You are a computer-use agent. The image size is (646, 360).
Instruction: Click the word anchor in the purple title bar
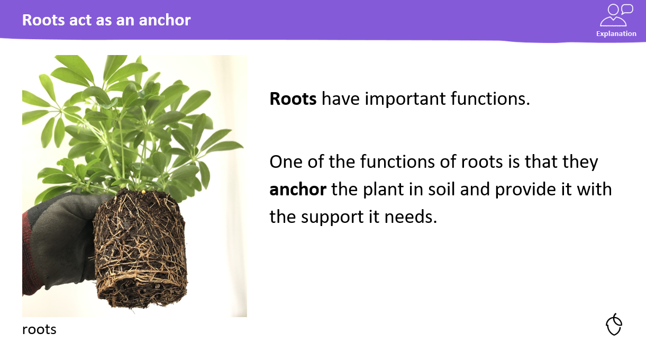pos(165,20)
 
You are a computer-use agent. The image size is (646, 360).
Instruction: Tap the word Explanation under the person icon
pos(616,34)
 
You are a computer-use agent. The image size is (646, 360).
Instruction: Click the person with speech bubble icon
pos(616,15)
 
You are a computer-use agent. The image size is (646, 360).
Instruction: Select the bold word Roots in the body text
pos(293,98)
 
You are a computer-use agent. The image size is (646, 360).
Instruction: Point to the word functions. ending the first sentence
pos(490,98)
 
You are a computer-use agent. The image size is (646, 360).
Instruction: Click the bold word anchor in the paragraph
pos(298,189)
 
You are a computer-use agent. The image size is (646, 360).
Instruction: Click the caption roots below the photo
pos(39,330)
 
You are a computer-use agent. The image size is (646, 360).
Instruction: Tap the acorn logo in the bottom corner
pos(614,325)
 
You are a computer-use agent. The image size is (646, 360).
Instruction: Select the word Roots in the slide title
pos(43,20)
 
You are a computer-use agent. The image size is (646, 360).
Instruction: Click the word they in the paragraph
pos(580,162)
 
